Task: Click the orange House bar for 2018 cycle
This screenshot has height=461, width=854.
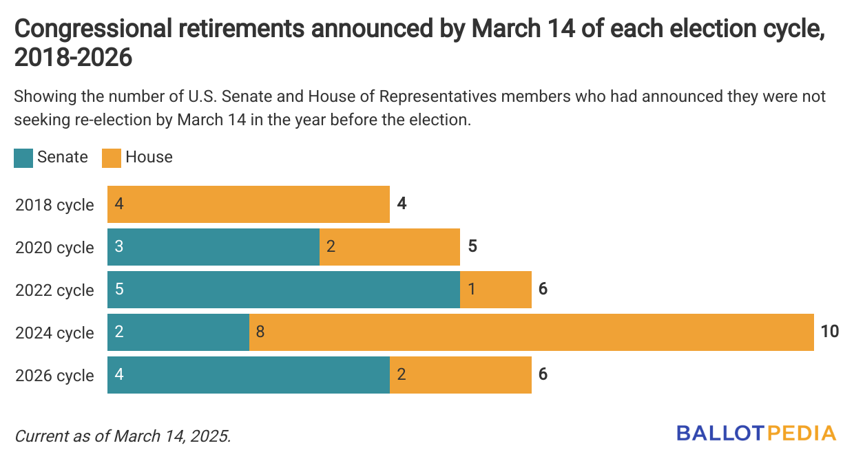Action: pyautogui.click(x=248, y=204)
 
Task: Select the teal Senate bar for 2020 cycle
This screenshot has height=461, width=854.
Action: pyautogui.click(x=213, y=247)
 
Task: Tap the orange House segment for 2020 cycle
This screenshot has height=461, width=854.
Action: pyautogui.click(x=390, y=247)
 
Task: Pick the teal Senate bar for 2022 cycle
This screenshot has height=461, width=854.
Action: pyautogui.click(x=284, y=290)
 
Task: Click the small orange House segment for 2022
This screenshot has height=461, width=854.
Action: pyautogui.click(x=496, y=290)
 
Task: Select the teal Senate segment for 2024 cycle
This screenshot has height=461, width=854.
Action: pyautogui.click(x=178, y=332)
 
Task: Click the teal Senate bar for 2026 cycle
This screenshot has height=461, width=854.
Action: pyautogui.click(x=249, y=375)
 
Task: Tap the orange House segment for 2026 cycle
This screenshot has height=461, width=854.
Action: pyautogui.click(x=461, y=375)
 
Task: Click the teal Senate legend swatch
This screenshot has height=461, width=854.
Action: pyautogui.click(x=23, y=158)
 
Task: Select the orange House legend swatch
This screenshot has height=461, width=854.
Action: pyautogui.click(x=112, y=158)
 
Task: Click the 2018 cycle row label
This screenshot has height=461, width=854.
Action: pyautogui.click(x=54, y=205)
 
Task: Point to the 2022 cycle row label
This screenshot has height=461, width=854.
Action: pyautogui.click(x=54, y=290)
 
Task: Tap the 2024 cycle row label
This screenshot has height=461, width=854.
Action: pyautogui.click(x=54, y=333)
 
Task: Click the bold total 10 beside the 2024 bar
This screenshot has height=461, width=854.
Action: pyautogui.click(x=830, y=332)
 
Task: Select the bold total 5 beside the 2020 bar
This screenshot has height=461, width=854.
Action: pyautogui.click(x=472, y=246)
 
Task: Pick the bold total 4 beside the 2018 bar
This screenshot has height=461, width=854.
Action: pyautogui.click(x=402, y=204)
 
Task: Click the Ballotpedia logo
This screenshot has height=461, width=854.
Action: pyautogui.click(x=756, y=433)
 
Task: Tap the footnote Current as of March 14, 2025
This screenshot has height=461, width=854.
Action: pyautogui.click(x=123, y=436)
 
